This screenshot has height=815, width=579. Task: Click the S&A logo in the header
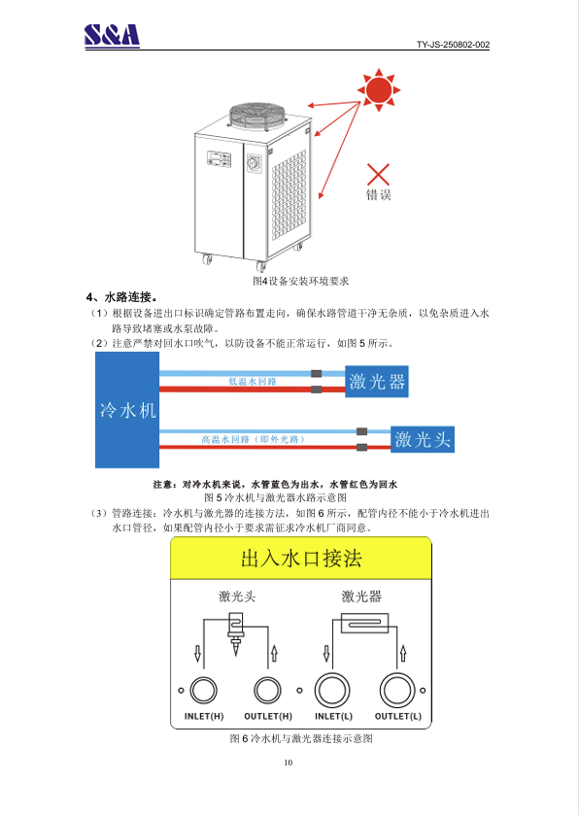113,35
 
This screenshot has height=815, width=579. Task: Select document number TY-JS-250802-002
453,45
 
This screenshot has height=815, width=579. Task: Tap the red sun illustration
379,90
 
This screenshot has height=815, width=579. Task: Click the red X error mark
378,174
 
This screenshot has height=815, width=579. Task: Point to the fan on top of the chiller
257,115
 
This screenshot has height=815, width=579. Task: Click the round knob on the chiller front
255,164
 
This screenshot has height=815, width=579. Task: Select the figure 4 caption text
300,281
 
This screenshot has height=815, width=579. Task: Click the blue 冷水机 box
127,410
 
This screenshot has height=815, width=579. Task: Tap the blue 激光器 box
377,382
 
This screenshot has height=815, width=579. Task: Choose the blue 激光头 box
423,439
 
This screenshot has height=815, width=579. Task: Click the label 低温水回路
253,382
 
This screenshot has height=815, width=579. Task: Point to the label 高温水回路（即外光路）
253,439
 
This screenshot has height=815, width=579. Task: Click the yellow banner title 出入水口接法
301,559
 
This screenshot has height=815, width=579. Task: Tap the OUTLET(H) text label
268,716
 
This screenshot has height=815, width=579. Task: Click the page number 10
289,763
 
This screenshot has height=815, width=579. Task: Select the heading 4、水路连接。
122,297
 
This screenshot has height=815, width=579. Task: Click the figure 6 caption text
301,738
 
